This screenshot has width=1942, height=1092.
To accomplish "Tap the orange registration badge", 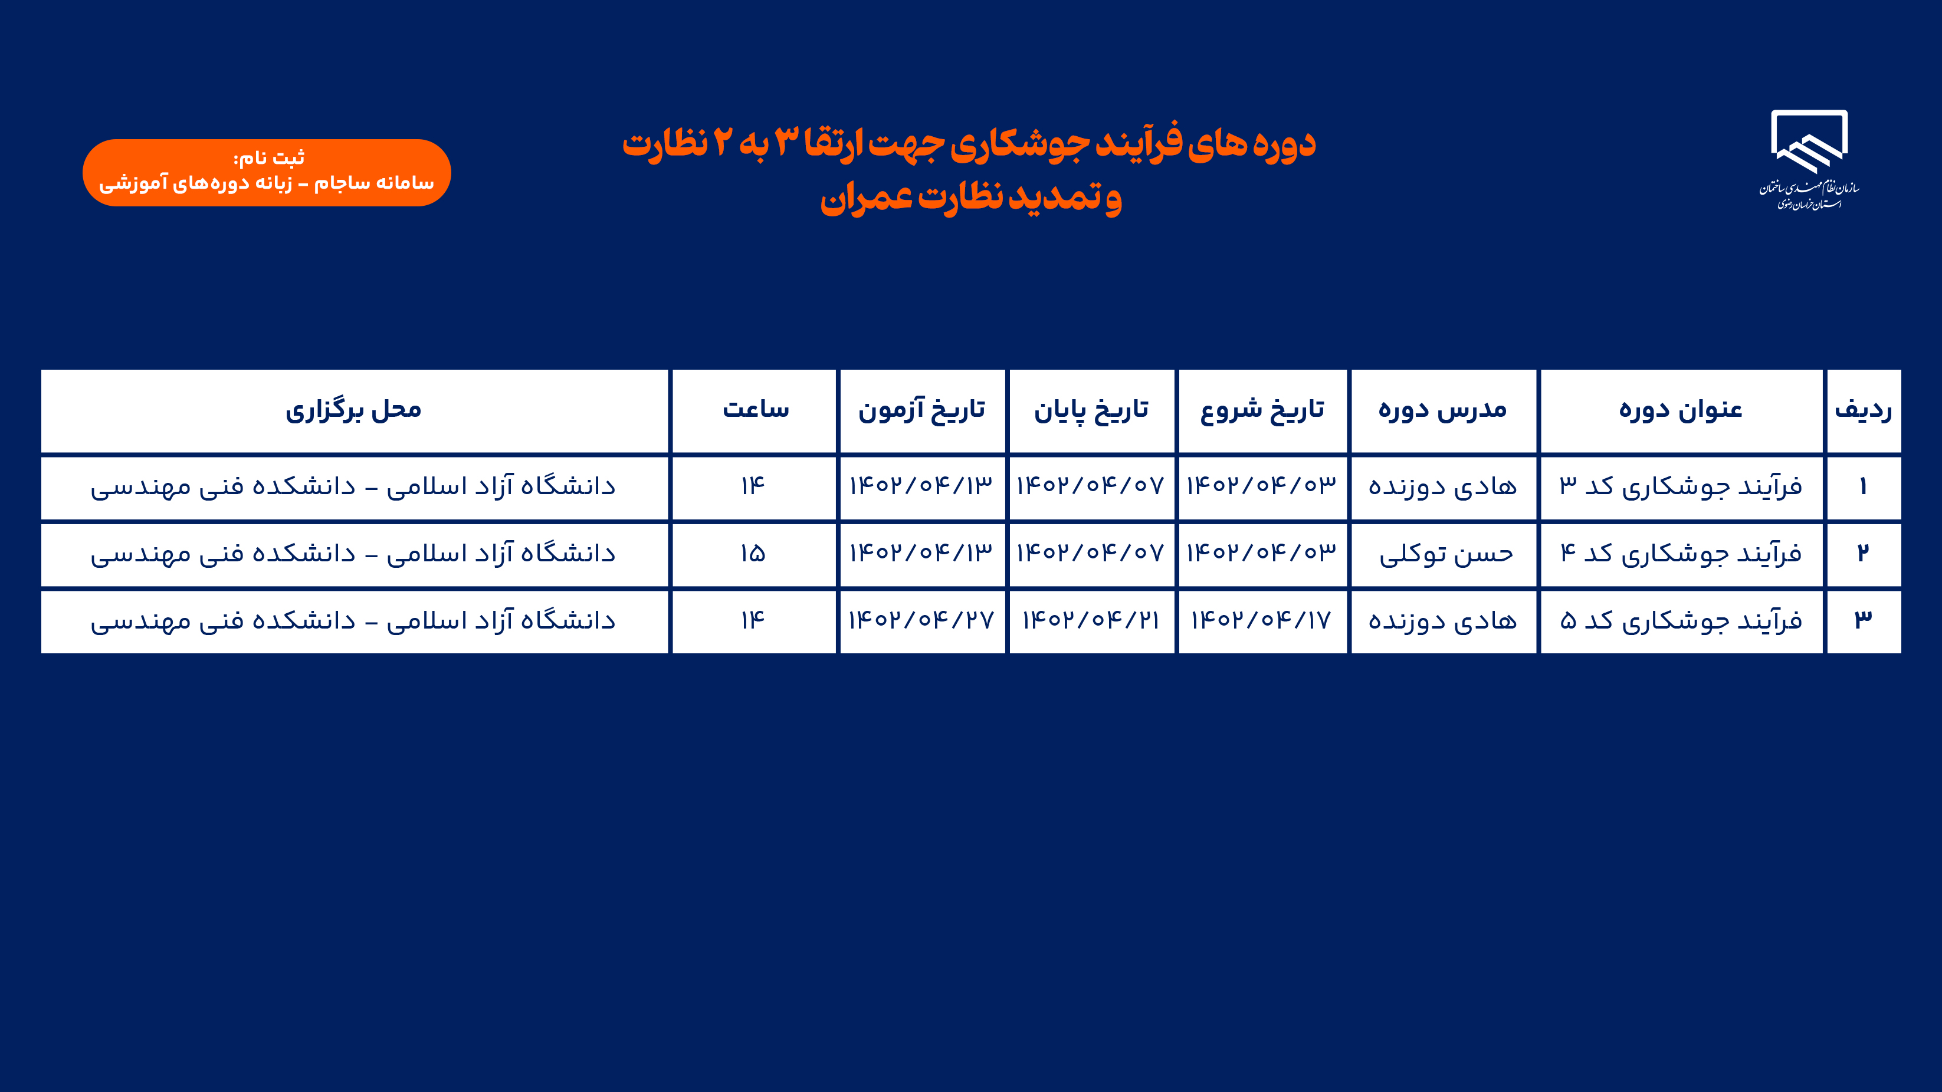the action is click(267, 173).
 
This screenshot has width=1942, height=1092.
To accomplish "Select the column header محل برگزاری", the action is click(353, 411).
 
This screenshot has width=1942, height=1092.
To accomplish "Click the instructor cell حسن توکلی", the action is click(1446, 554).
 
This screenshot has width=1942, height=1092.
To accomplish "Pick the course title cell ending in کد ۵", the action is click(1681, 620).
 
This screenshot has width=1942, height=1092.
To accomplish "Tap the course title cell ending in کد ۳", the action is click(1681, 487).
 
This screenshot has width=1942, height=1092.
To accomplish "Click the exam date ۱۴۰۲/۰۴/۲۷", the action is click(921, 620).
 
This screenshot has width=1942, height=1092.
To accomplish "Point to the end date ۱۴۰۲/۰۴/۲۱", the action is click(1091, 620).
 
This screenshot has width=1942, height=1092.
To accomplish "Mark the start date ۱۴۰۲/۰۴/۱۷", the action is click(1262, 620).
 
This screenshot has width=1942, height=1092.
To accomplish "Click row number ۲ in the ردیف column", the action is click(1863, 553).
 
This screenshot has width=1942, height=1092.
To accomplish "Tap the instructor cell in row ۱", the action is click(1443, 487).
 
